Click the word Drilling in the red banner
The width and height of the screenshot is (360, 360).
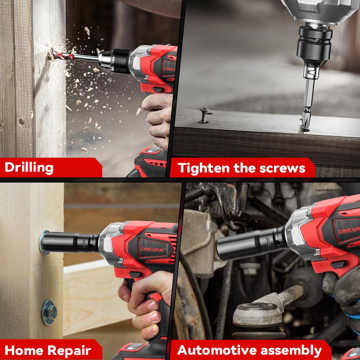(x=29, y=167)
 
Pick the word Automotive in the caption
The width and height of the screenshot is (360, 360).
(x=222, y=350)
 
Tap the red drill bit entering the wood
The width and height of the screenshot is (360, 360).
(x=59, y=54)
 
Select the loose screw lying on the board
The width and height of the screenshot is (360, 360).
(x=203, y=116)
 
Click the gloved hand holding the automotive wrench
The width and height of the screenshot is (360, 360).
(x=342, y=288)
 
